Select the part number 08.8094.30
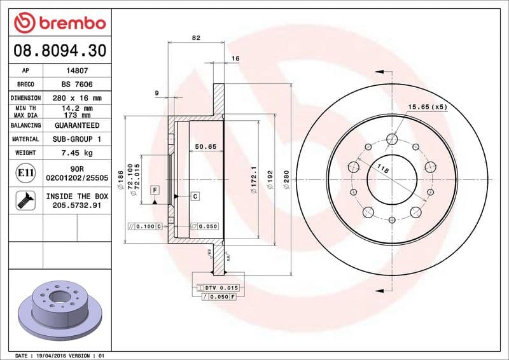(59, 50)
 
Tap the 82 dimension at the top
(196, 38)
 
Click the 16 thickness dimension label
(235, 59)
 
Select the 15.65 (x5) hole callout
(428, 106)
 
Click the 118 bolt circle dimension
(383, 169)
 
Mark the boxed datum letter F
(154, 190)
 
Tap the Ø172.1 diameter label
(254, 179)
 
